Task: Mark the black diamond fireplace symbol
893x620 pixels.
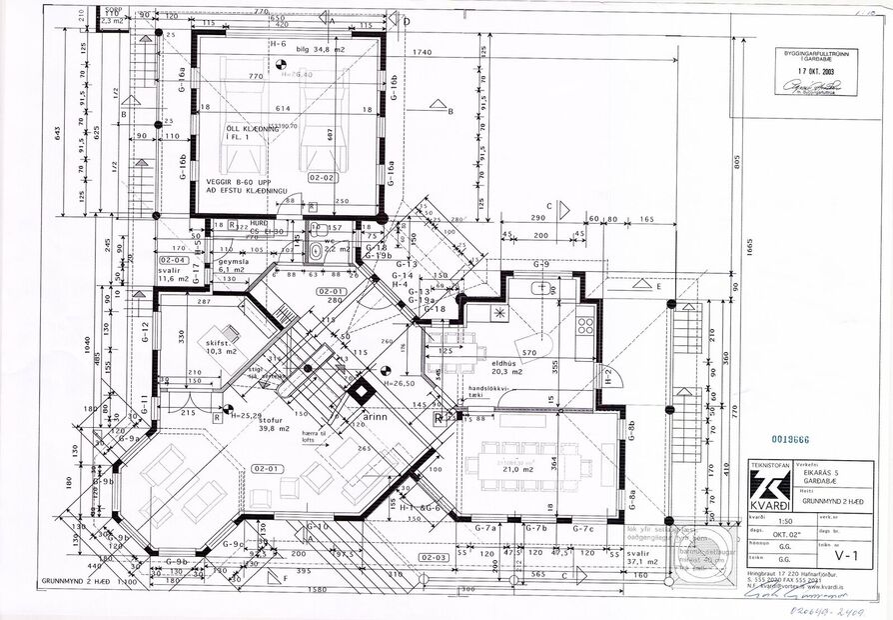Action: (x=358, y=392)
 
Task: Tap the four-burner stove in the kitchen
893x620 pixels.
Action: (x=584, y=324)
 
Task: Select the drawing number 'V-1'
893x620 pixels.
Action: (x=847, y=549)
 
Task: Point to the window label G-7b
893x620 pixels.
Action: (x=534, y=527)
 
